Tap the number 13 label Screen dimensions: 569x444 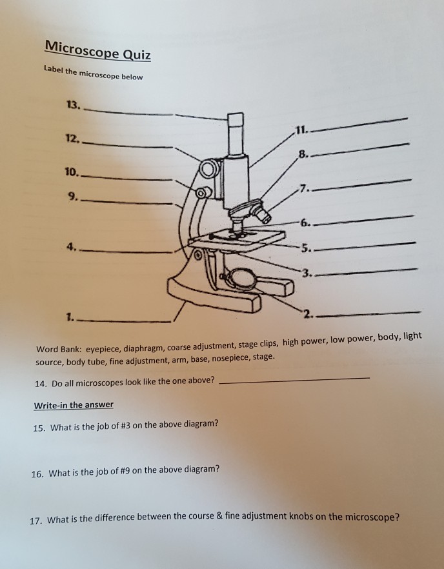point(73,106)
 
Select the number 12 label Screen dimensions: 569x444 point(73,139)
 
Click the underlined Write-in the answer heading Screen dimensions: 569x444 point(73,405)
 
